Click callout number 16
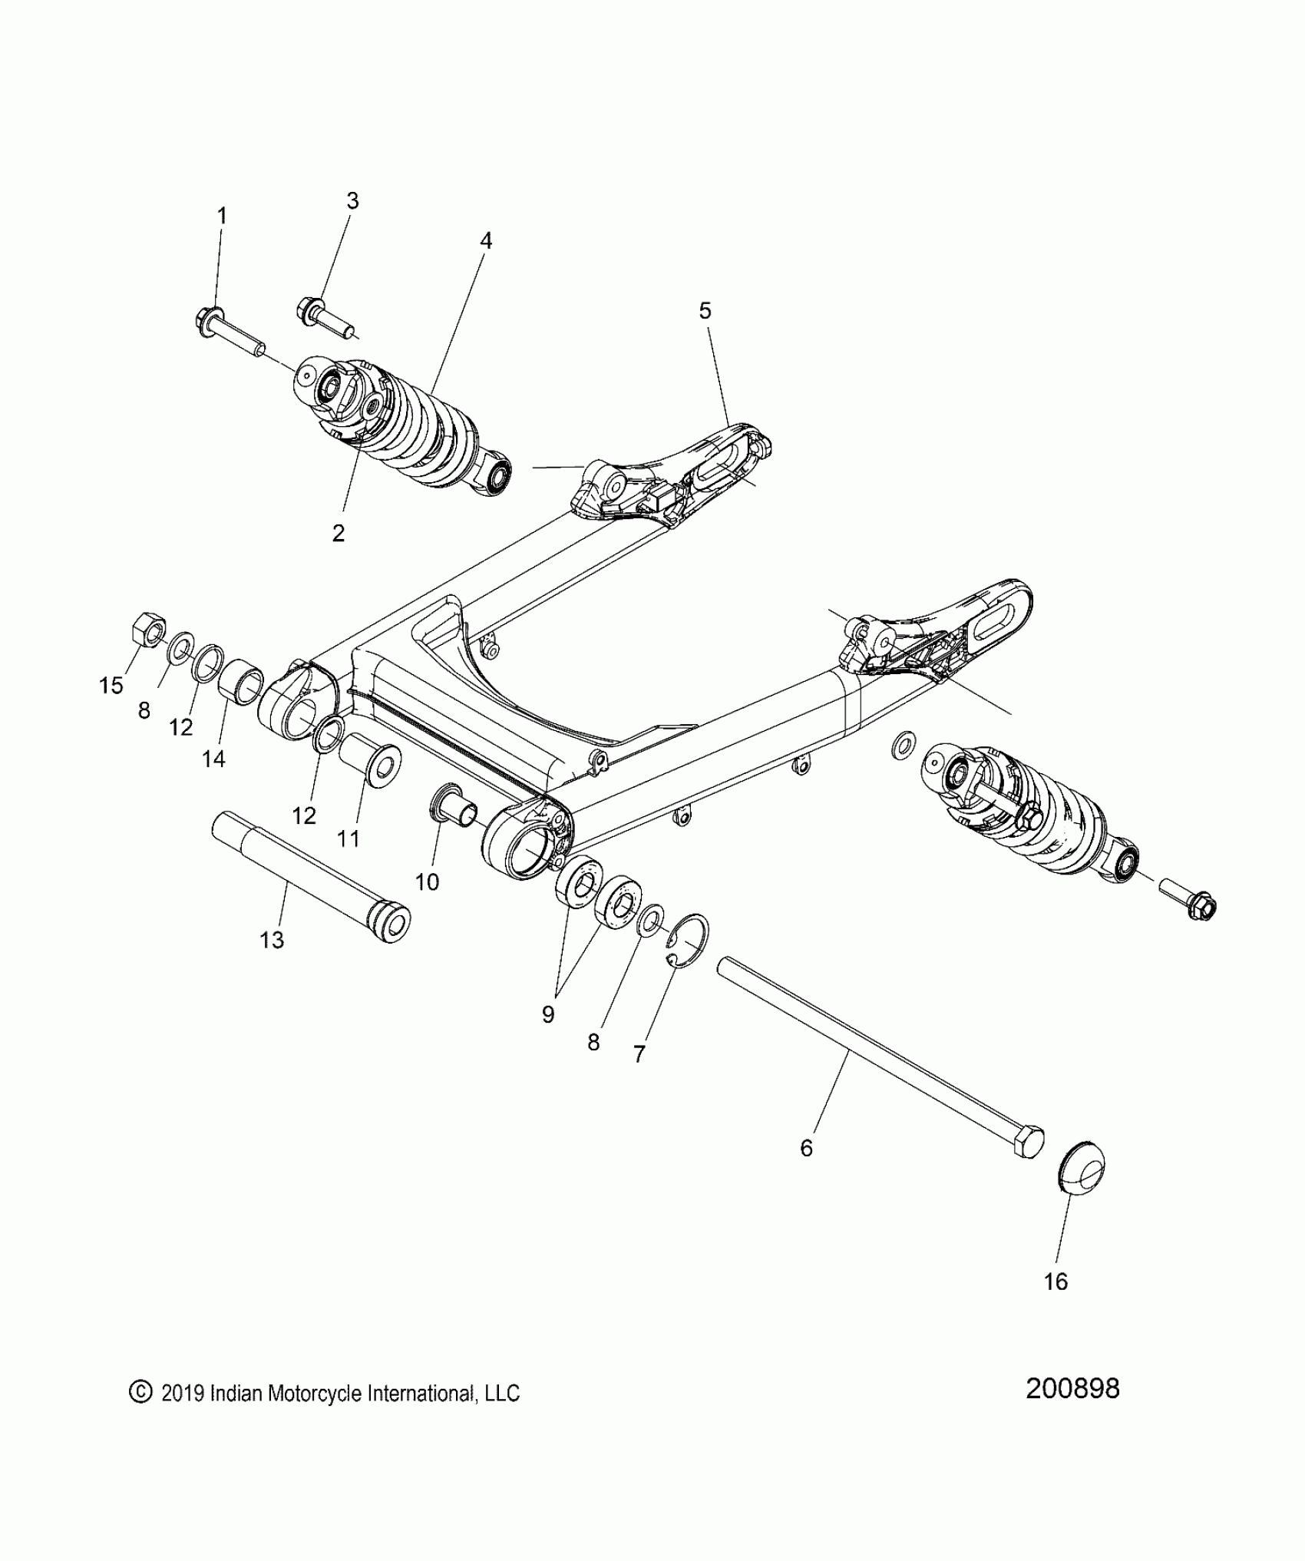click(x=1056, y=1282)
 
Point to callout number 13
click(x=272, y=940)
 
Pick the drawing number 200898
click(x=1072, y=1388)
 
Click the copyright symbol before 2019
click(x=139, y=1393)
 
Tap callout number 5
click(x=705, y=311)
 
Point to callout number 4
click(x=485, y=240)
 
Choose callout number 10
click(x=427, y=881)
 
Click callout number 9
click(x=547, y=1014)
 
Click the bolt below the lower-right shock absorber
click(x=1189, y=901)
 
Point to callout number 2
click(x=339, y=533)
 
